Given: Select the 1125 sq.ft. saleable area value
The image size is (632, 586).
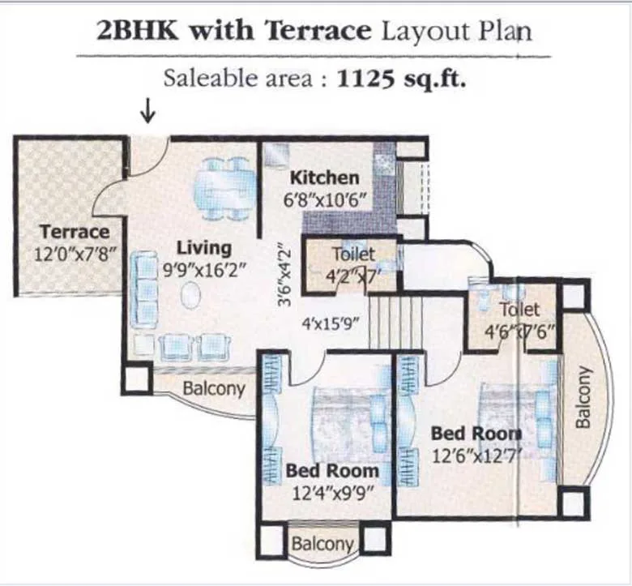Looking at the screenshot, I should (x=403, y=79).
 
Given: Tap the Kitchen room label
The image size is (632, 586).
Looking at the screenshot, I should (x=324, y=178).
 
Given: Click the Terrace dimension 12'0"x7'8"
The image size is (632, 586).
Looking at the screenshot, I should (x=78, y=253).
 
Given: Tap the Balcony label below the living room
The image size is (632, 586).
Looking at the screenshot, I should (x=213, y=388).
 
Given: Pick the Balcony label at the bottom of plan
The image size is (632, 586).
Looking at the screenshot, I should (x=322, y=543).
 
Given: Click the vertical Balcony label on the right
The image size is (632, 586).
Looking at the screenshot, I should (x=582, y=396).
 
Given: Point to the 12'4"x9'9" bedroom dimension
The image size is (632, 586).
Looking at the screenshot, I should (x=332, y=490).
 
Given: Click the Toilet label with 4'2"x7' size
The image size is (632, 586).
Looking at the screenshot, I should (x=352, y=255).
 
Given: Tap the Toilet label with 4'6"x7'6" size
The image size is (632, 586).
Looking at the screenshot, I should (x=519, y=310).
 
